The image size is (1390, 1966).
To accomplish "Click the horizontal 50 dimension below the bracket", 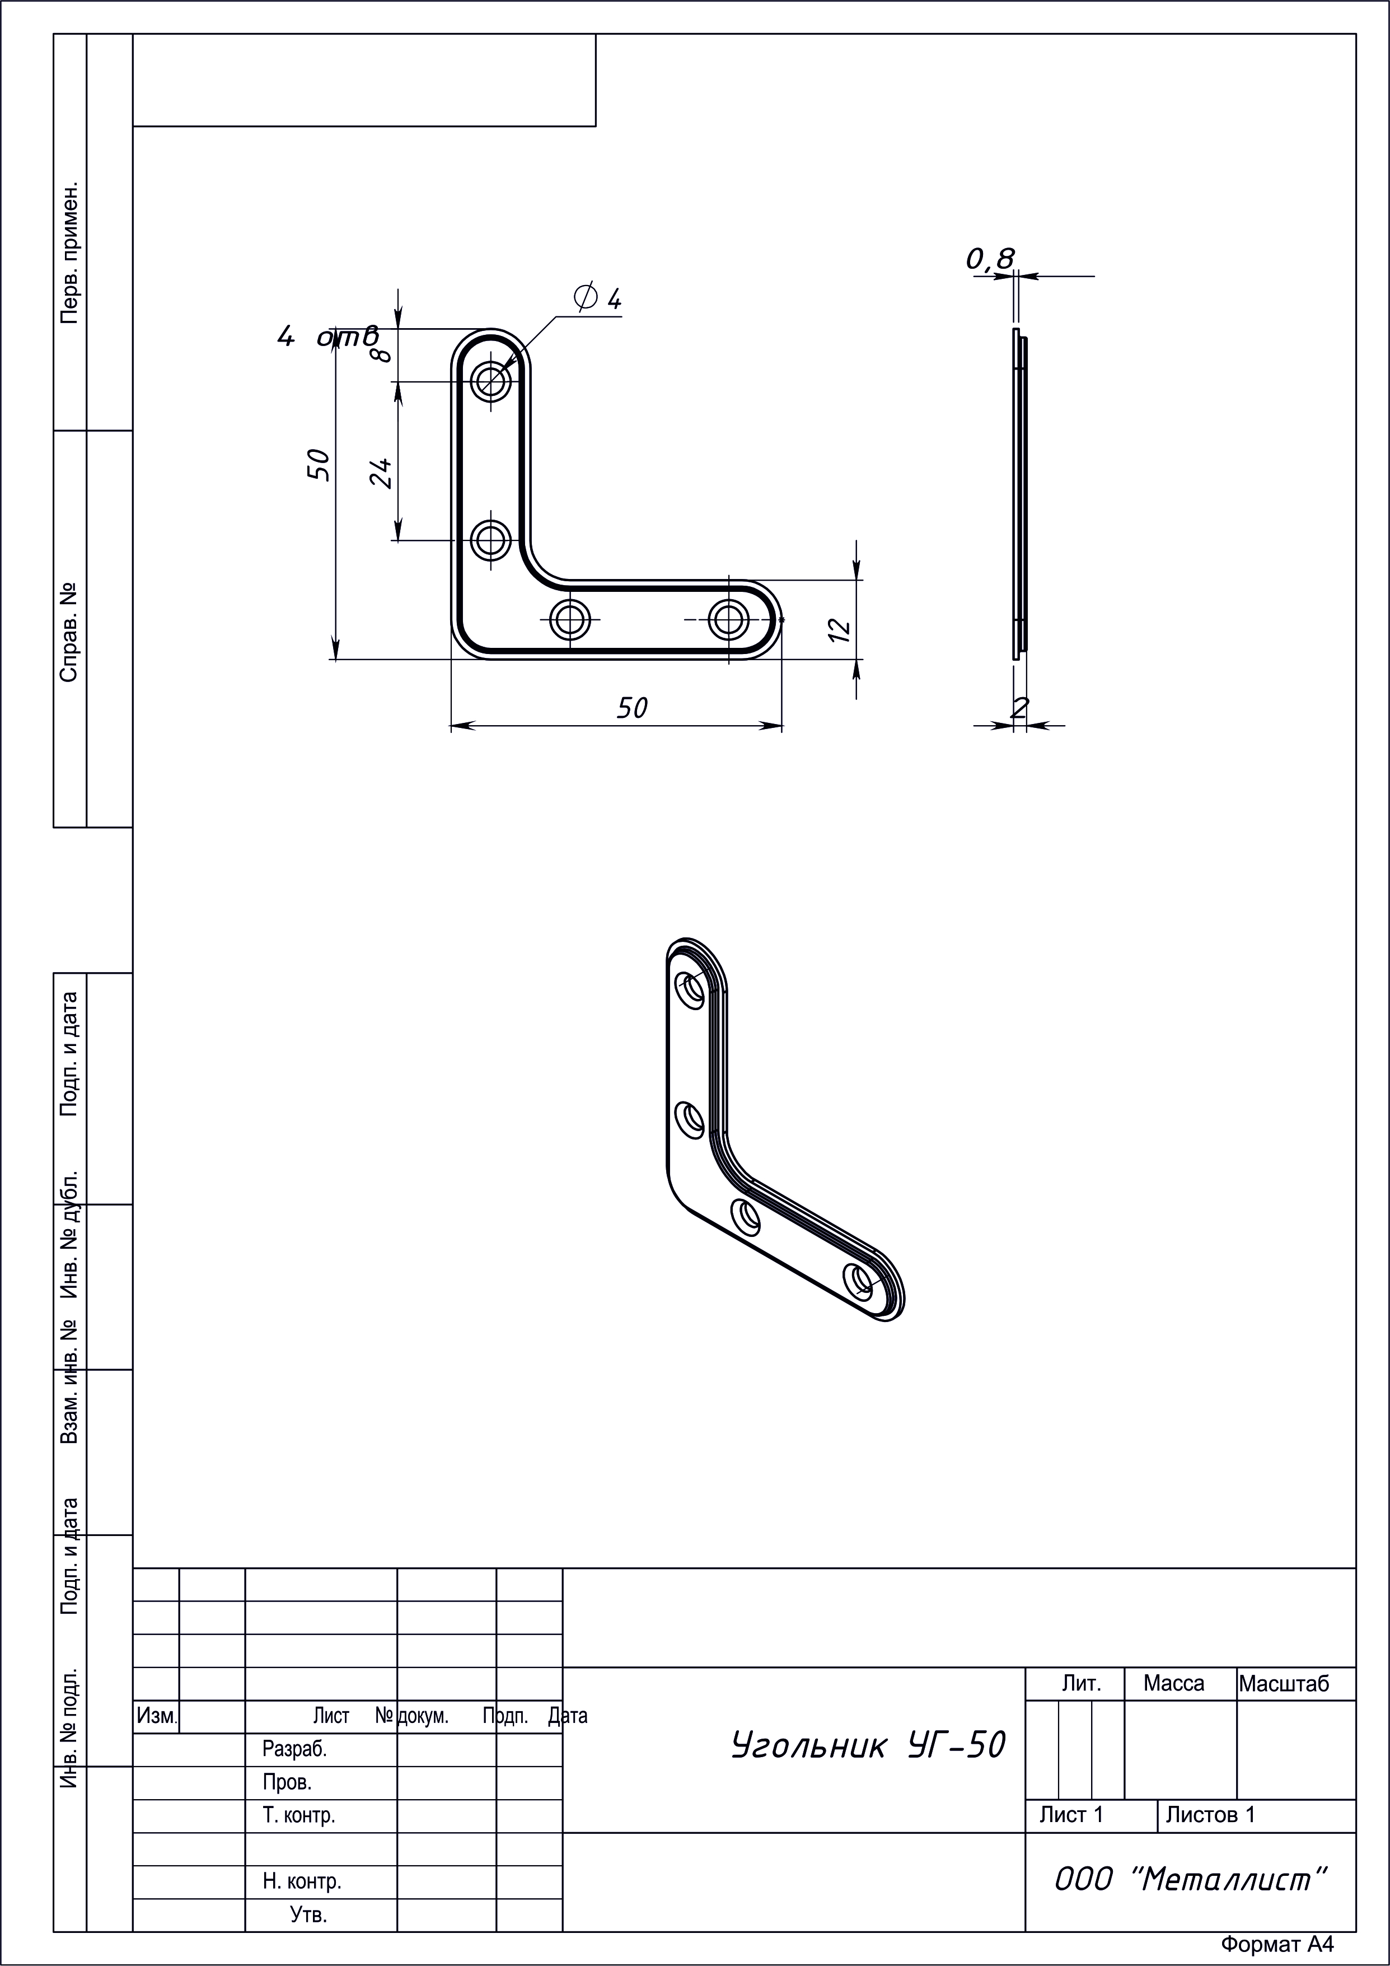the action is pyautogui.click(x=633, y=707).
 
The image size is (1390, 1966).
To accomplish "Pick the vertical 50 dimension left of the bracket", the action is pyautogui.click(x=319, y=464).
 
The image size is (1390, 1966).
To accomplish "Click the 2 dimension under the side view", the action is pyautogui.click(x=1019, y=707).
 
